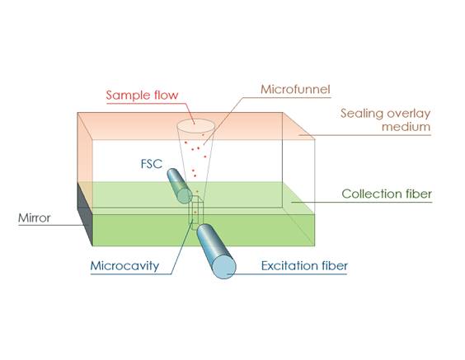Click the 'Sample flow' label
pyautogui.click(x=142, y=95)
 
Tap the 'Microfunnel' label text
pyautogui.click(x=295, y=89)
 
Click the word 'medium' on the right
pyautogui.click(x=406, y=127)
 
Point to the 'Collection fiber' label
pyautogui.click(x=387, y=194)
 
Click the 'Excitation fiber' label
pyautogui.click(x=304, y=266)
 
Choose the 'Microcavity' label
pyautogui.click(x=124, y=266)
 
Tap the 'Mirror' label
pyautogui.click(x=35, y=218)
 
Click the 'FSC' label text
pyautogui.click(x=152, y=164)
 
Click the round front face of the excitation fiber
pyautogui.click(x=224, y=267)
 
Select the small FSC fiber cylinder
pyautogui.click(x=180, y=186)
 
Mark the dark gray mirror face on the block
pyautogui.click(x=85, y=214)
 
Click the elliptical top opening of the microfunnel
pyautogui.click(x=195, y=126)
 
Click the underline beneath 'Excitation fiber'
pyautogui.click(x=287, y=274)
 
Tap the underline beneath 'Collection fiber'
pyautogui.click(x=361, y=203)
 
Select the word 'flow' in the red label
pyautogui.click(x=167, y=95)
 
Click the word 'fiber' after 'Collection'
pyautogui.click(x=418, y=194)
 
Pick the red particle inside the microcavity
pyautogui.click(x=195, y=213)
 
